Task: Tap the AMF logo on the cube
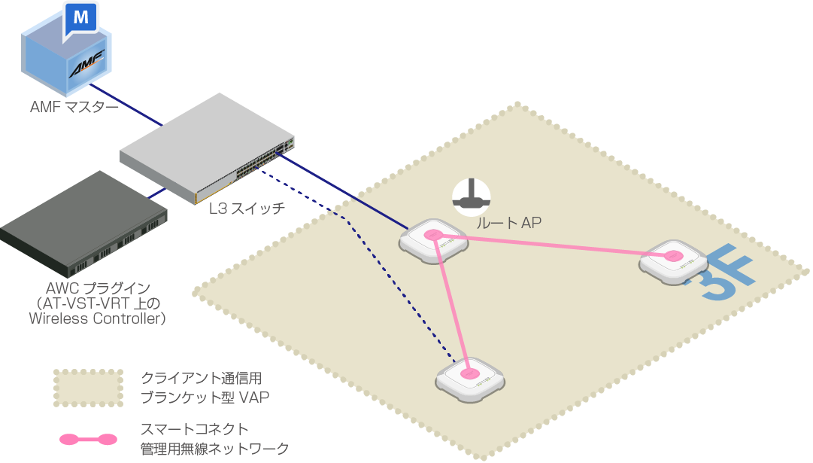[87, 64]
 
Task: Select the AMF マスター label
[74, 107]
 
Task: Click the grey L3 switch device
[208, 148]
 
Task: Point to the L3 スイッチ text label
[247, 209]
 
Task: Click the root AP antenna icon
[472, 197]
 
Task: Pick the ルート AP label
[508, 223]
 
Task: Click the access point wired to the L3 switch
[433, 242]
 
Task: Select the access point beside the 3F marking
[673, 262]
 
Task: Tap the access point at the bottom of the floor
[470, 380]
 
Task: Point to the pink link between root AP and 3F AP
[553, 245]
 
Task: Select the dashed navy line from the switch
[358, 265]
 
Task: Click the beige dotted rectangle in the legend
[89, 388]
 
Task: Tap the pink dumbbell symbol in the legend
[88, 439]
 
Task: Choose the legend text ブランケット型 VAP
[205, 398]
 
